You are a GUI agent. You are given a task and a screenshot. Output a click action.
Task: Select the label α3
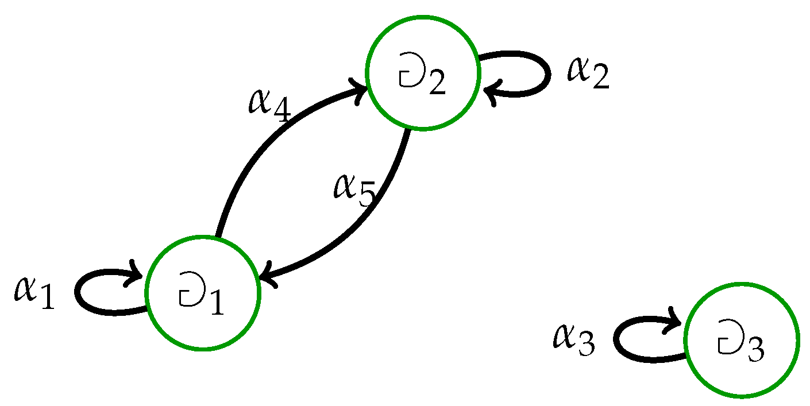point(574,339)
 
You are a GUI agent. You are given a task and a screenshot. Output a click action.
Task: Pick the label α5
point(354,190)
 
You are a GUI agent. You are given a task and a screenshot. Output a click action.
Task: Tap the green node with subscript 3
point(742,339)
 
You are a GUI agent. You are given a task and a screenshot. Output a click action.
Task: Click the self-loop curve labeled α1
point(86,304)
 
